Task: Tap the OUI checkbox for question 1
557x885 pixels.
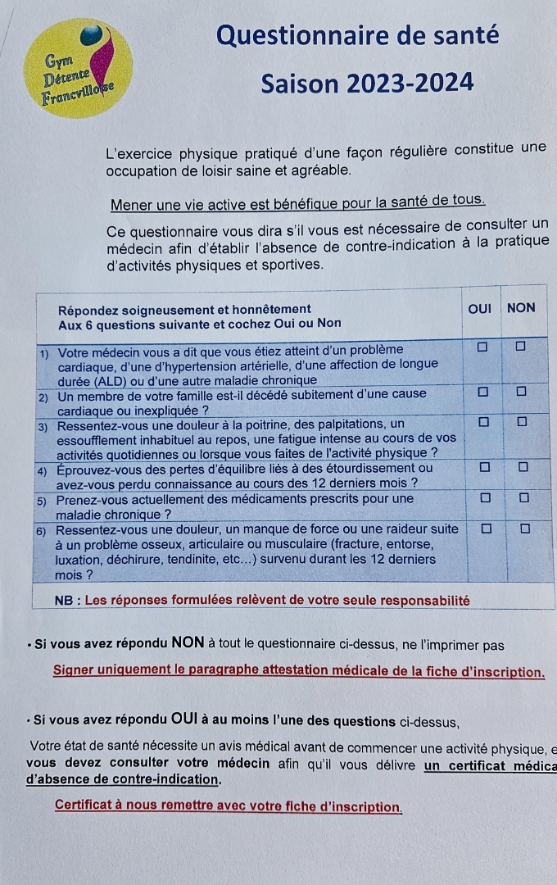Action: click(482, 347)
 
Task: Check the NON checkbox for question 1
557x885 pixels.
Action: click(520, 347)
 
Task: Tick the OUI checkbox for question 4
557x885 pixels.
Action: click(483, 466)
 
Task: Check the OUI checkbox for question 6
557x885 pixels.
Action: click(486, 529)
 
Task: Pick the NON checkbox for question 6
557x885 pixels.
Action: click(525, 529)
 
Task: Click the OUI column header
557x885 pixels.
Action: click(479, 308)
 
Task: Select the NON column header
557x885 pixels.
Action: click(521, 308)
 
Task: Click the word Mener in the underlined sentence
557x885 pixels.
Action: click(130, 202)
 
